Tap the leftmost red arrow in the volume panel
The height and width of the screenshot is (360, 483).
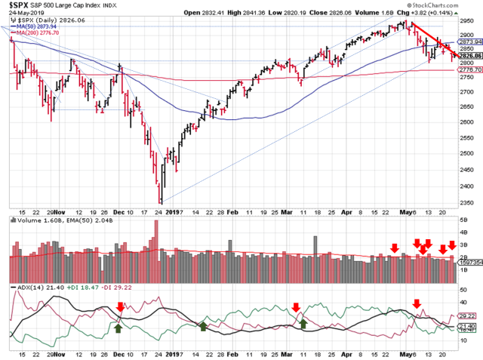394,248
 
